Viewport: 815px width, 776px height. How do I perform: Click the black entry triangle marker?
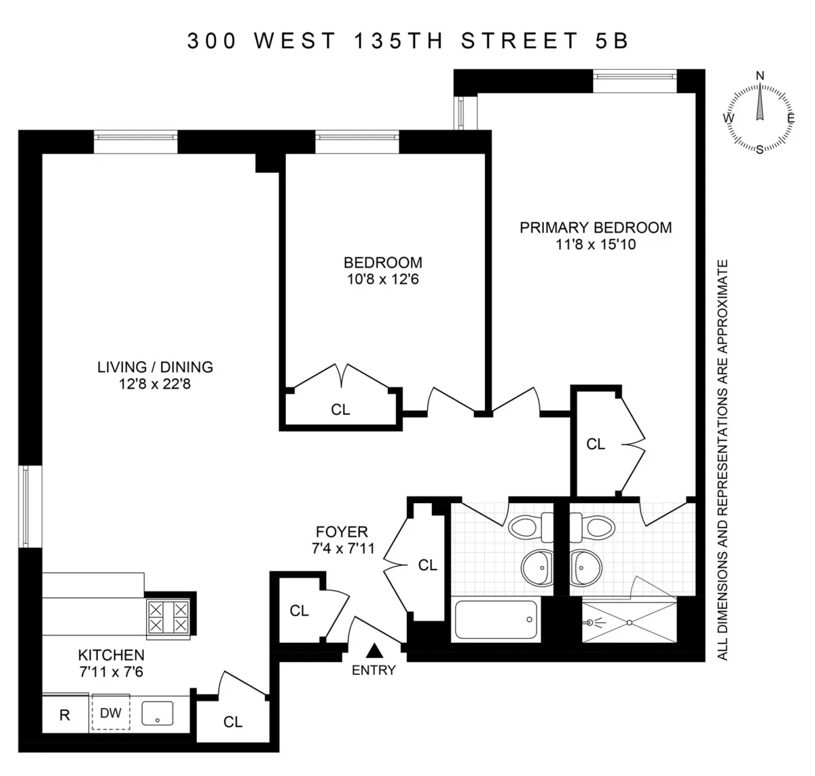click(x=374, y=651)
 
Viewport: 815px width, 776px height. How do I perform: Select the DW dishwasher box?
click(x=111, y=713)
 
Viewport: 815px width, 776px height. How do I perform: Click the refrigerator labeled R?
click(x=65, y=716)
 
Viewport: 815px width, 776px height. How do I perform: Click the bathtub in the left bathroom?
click(x=496, y=619)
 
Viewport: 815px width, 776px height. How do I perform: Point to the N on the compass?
click(x=760, y=75)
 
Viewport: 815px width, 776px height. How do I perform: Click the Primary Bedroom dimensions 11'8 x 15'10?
click(x=596, y=244)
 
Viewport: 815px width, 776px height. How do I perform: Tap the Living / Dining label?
click(x=155, y=367)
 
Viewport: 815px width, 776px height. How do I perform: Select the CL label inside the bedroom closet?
click(x=340, y=409)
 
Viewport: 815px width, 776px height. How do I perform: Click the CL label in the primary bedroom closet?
click(x=596, y=444)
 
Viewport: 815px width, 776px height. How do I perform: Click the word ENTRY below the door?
click(x=374, y=670)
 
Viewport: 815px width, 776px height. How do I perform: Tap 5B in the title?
click(x=609, y=41)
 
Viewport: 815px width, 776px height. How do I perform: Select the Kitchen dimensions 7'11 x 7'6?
click(x=111, y=672)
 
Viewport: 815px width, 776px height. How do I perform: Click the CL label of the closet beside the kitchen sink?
click(x=233, y=722)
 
